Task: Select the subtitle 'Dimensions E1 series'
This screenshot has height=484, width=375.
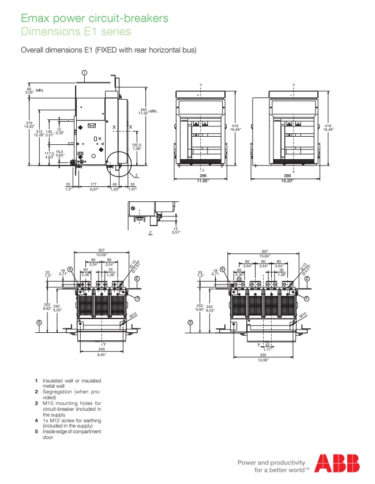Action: [76, 32]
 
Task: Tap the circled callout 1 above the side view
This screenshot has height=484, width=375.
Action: [84, 73]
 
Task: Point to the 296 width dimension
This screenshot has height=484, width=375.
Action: [203, 175]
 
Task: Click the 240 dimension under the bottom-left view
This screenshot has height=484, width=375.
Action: [102, 349]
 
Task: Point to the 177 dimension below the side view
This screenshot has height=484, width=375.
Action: [93, 185]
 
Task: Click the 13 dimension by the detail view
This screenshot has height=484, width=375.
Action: [175, 228]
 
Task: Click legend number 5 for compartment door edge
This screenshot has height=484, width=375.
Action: [36, 432]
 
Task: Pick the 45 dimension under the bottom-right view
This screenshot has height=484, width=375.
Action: [267, 344]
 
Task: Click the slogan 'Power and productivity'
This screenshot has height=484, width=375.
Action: [271, 463]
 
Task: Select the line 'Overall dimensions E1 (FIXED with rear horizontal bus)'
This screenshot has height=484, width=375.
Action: [108, 50]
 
